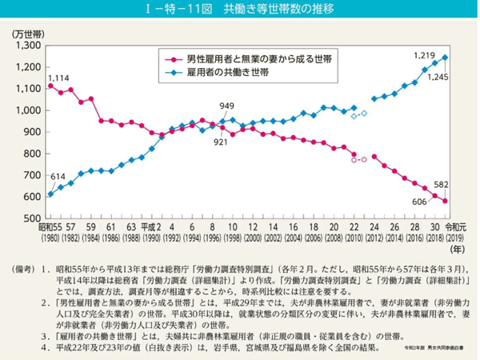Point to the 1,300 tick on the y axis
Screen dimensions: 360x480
pos(27,46)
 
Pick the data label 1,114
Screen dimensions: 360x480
pos(58,78)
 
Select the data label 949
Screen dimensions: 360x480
pos(228,106)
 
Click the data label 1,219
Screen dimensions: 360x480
pos(423,55)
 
